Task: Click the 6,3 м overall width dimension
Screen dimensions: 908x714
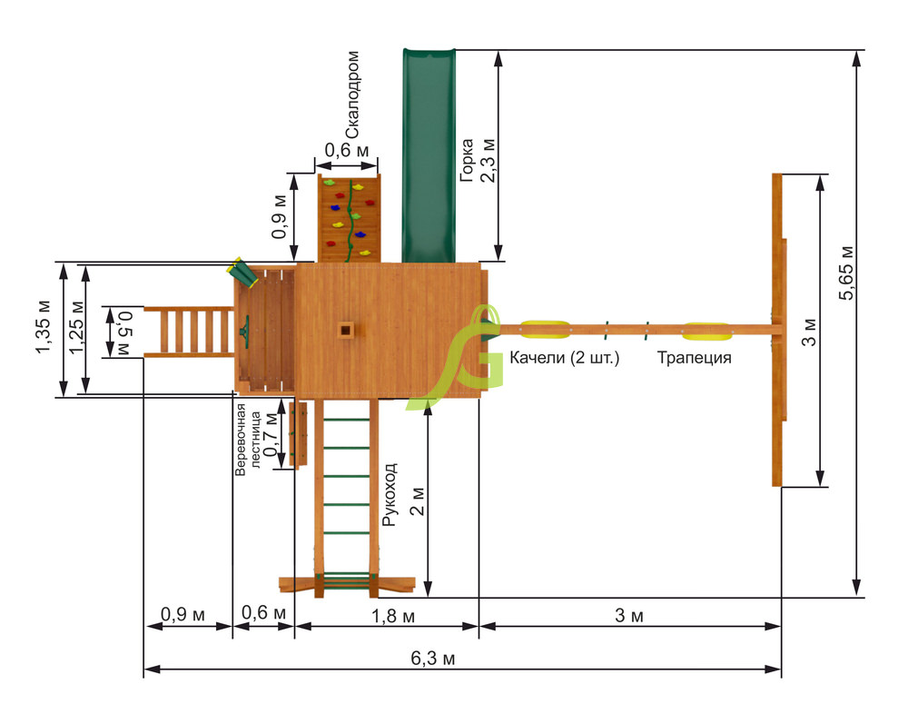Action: pyautogui.click(x=432, y=659)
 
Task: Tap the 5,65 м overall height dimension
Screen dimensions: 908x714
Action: pyautogui.click(x=846, y=273)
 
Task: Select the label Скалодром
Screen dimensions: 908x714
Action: pyautogui.click(x=351, y=94)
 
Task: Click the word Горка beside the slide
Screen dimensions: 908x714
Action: pyautogui.click(x=467, y=160)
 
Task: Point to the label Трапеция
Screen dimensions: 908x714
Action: pyautogui.click(x=694, y=358)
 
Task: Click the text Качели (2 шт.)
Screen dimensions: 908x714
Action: pyautogui.click(x=565, y=358)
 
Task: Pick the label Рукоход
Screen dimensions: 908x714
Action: pyautogui.click(x=390, y=494)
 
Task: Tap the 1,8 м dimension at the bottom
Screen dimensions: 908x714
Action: pyautogui.click(x=392, y=616)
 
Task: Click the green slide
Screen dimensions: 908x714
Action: pyautogui.click(x=429, y=155)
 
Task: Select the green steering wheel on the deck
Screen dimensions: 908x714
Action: pyautogui.click(x=245, y=332)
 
